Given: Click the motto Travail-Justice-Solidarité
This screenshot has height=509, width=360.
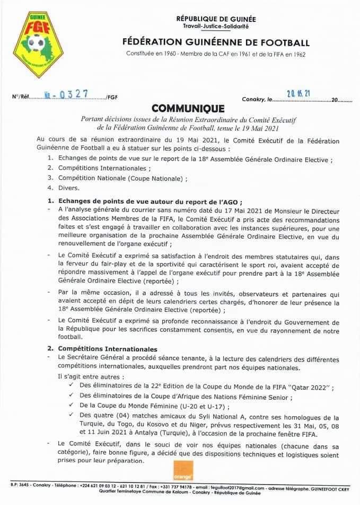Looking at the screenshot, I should pyautogui.click(x=215, y=26).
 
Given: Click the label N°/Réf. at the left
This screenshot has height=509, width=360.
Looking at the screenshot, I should pyautogui.click(x=21, y=98).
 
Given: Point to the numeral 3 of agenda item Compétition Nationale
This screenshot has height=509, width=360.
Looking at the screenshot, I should pyautogui.click(x=50, y=179).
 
